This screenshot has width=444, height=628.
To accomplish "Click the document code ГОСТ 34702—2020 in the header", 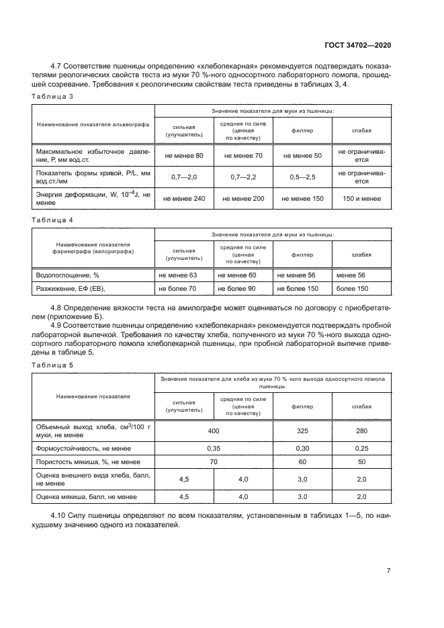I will coord(356,45).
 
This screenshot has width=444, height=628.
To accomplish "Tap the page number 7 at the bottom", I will coord(388,571).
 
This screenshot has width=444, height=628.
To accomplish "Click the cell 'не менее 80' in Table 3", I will coord(184,156).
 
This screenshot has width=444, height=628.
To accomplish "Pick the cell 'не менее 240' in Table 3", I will coord(184,198).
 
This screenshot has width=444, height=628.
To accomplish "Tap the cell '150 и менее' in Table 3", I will coord(361,198).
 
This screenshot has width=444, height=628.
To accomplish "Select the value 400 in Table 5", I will coord(214,430).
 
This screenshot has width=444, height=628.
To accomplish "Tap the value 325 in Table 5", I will coord(302,430).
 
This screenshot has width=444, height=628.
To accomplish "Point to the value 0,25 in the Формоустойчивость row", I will coord(361,447).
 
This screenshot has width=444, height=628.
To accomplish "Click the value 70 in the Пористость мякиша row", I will coord(214,462).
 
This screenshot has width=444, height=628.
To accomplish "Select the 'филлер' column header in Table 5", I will coord(302,406).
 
